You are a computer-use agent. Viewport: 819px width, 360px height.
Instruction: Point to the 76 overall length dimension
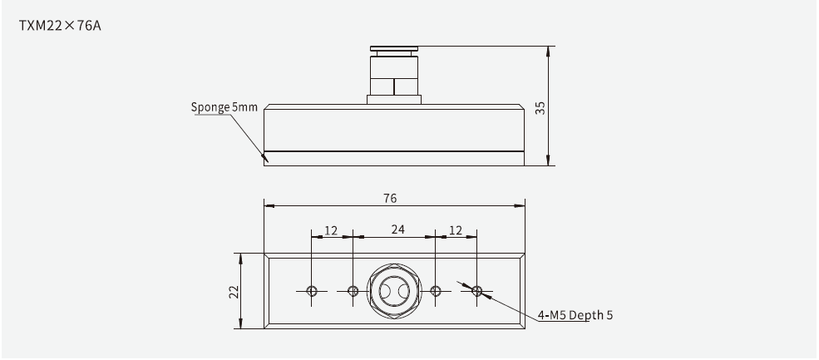click(x=390, y=198)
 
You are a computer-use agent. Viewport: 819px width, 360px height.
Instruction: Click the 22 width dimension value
click(x=234, y=291)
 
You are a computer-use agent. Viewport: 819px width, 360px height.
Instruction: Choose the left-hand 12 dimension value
click(x=331, y=229)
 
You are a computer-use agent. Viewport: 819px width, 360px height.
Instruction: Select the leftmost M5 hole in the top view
click(x=312, y=290)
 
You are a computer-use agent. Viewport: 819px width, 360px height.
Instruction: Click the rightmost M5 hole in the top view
click(x=476, y=290)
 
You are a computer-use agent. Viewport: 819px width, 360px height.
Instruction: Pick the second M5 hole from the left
click(x=353, y=290)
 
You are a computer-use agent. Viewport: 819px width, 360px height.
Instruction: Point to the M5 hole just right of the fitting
click(x=435, y=290)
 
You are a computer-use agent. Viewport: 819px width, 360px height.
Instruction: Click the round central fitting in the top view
click(x=394, y=290)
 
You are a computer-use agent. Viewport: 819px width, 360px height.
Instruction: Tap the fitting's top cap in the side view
click(x=394, y=51)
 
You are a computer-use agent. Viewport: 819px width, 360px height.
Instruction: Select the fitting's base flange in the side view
click(x=394, y=100)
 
